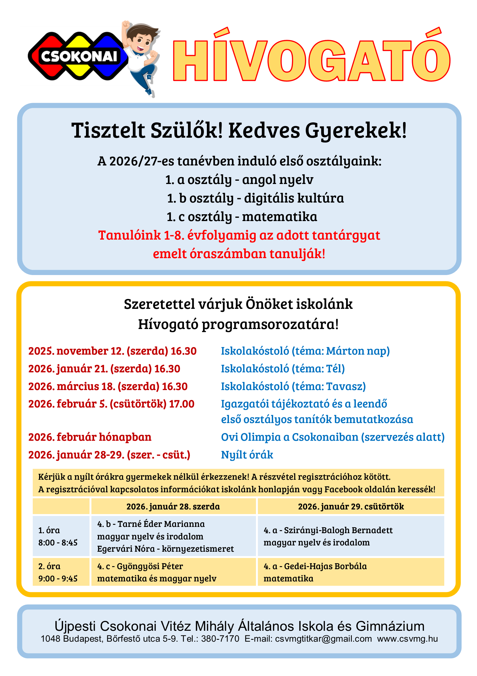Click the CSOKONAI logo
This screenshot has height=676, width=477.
click(78, 56)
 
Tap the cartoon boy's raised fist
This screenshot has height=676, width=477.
click(126, 25)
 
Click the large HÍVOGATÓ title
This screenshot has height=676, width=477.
click(311, 59)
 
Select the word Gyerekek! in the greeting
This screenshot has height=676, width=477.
click(356, 131)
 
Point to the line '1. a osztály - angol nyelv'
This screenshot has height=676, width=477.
click(239, 180)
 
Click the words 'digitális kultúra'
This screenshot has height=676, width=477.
click(294, 198)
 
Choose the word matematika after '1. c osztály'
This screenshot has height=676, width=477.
click(279, 217)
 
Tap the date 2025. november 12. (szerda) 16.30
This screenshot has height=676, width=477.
click(112, 351)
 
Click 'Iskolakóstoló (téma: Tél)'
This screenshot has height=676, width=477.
click(283, 369)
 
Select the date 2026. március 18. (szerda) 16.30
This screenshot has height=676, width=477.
click(108, 386)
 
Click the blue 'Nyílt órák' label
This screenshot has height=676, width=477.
click(247, 455)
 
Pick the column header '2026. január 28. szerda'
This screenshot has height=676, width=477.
click(173, 506)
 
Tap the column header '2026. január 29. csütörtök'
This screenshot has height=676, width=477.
click(351, 506)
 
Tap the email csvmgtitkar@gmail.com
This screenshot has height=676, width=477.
click(323, 639)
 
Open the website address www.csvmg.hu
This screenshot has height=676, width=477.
click(407, 639)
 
